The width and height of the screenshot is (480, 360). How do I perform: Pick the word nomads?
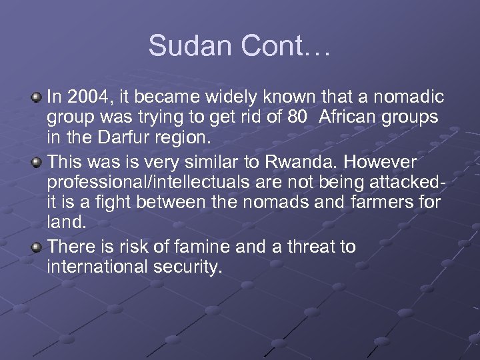[x=268, y=202]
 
